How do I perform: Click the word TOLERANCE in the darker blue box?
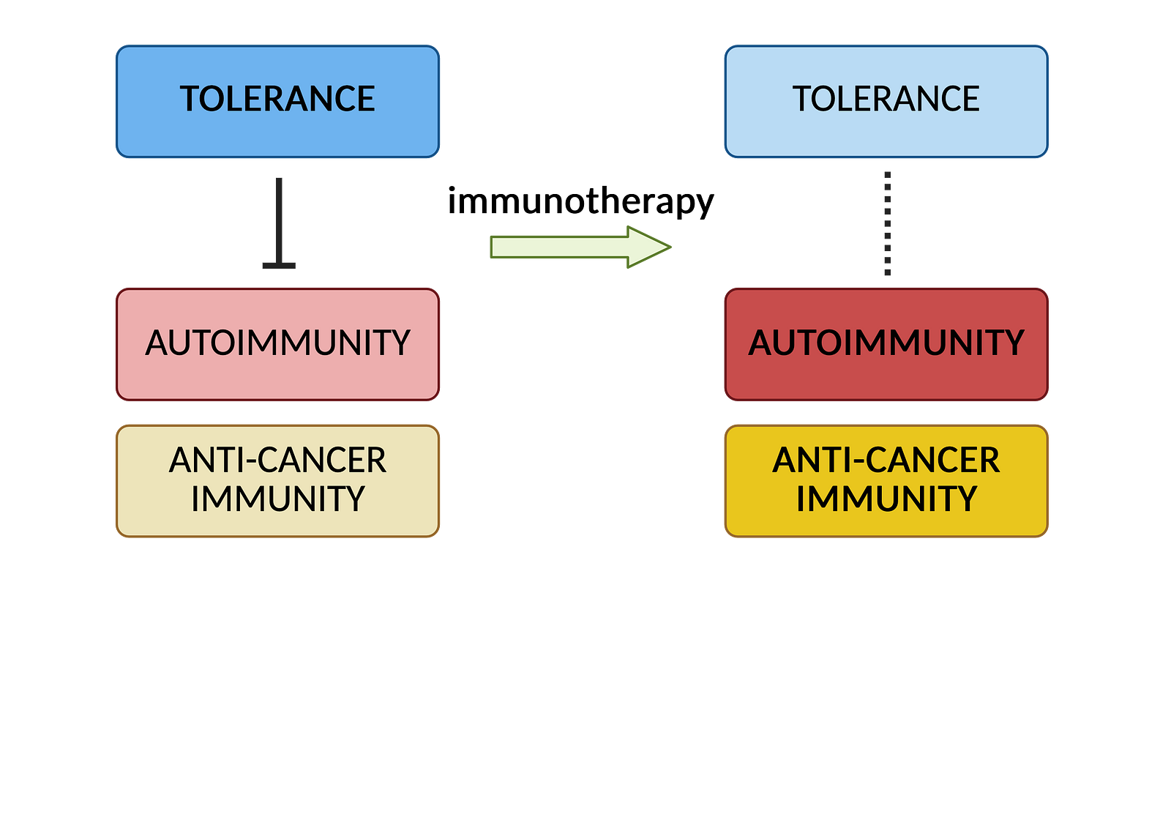pyautogui.click(x=277, y=99)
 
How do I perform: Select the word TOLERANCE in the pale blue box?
pyautogui.click(x=886, y=99)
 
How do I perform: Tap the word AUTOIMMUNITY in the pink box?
pyautogui.click(x=277, y=343)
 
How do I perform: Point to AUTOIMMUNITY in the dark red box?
pyautogui.click(x=886, y=343)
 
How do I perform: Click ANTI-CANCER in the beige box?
pyautogui.click(x=277, y=461)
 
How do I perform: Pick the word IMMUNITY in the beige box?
pyautogui.click(x=277, y=499)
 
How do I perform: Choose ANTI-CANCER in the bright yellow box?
pyautogui.click(x=886, y=461)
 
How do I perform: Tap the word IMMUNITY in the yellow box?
pyautogui.click(x=886, y=499)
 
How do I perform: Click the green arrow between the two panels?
pyautogui.click(x=571, y=247)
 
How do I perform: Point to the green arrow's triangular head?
pyautogui.click(x=648, y=247)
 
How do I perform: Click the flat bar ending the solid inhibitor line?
pyautogui.click(x=279, y=266)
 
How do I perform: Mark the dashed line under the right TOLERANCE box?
pyautogui.click(x=887, y=223)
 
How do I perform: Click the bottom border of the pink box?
pyautogui.click(x=277, y=400)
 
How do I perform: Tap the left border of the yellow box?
pyautogui.click(x=725, y=481)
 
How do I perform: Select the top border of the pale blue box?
pyautogui.click(x=886, y=46)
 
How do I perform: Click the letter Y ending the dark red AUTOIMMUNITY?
pyautogui.click(x=1014, y=343)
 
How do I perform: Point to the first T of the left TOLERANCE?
pyautogui.click(x=190, y=99)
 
